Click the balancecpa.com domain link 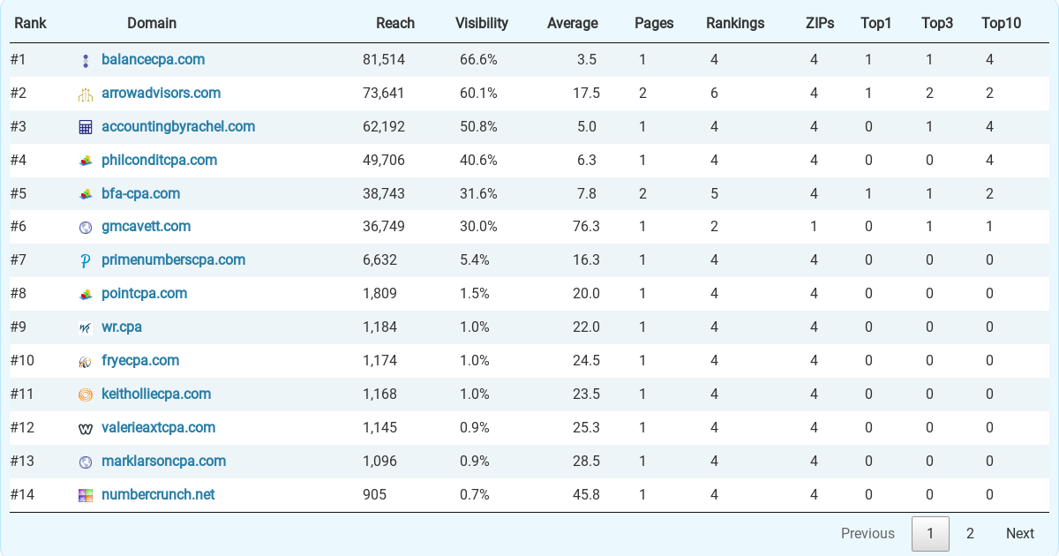click(153, 60)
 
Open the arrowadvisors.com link click(161, 94)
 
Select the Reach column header click(394, 24)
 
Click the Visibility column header click(481, 24)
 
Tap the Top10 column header click(1001, 24)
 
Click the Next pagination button click(1019, 533)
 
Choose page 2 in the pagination click(970, 533)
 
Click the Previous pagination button click(867, 533)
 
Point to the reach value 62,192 click(384, 127)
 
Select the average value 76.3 click(586, 227)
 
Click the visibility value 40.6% click(478, 161)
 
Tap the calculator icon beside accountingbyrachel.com click(86, 127)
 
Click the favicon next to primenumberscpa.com click(86, 261)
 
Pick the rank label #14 click(22, 495)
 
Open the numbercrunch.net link click(158, 495)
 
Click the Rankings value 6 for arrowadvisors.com click(714, 94)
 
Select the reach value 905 click(374, 495)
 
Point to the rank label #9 click(19, 327)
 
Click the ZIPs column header click(820, 24)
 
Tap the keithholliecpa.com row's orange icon click(86, 395)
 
